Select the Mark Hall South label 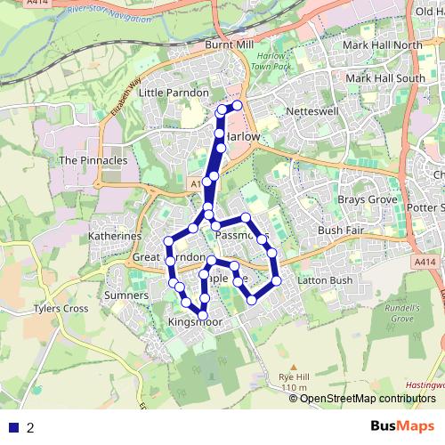click(385, 78)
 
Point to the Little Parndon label click(174, 93)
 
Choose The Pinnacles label click(93, 160)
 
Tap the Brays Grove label click(367, 199)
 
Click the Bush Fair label click(343, 230)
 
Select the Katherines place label click(115, 236)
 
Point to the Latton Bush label click(329, 281)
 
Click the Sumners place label click(125, 294)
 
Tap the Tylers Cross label click(61, 309)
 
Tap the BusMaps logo click(402, 426)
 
